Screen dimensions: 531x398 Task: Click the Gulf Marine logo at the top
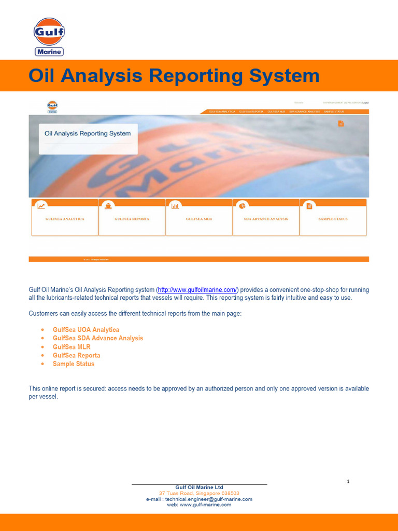tap(49, 36)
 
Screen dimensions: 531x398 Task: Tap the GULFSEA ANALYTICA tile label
tap(65, 219)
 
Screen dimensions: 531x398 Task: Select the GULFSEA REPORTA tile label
tap(132, 219)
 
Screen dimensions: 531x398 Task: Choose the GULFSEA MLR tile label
tap(199, 219)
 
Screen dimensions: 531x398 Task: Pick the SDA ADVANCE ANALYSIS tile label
tap(266, 219)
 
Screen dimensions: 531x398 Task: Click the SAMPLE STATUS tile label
tap(333, 219)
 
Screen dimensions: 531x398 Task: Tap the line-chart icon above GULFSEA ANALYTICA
tap(41, 206)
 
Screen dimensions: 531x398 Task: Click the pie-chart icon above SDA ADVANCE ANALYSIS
tap(242, 206)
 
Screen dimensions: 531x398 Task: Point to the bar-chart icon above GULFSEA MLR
tap(175, 206)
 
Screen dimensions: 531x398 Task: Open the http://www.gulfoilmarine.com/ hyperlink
tap(197, 289)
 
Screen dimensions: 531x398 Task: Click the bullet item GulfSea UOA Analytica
tap(86, 330)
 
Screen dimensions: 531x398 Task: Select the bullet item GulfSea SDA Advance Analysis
tap(98, 338)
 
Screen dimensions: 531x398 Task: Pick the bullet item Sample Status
tap(74, 364)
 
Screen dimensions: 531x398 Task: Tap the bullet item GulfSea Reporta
tap(77, 356)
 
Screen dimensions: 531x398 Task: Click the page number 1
tap(348, 482)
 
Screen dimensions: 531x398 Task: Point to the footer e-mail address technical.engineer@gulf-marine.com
tap(208, 499)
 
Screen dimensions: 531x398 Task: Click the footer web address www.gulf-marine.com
tap(206, 505)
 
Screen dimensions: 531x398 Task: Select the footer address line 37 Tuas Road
tap(199, 493)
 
